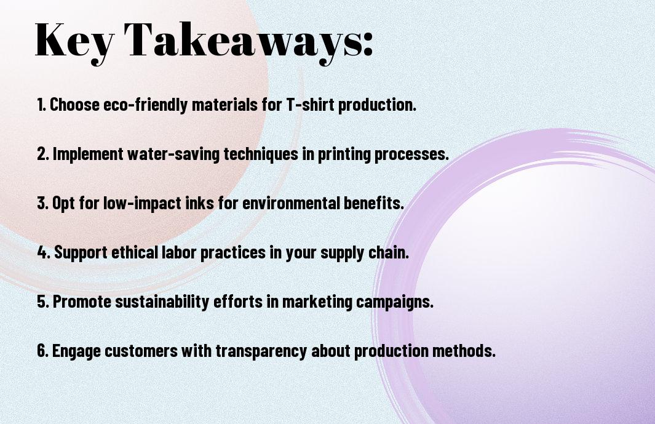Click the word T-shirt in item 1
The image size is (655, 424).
[311, 105]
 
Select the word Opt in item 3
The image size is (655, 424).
[63, 203]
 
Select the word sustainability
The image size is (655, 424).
[162, 301]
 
